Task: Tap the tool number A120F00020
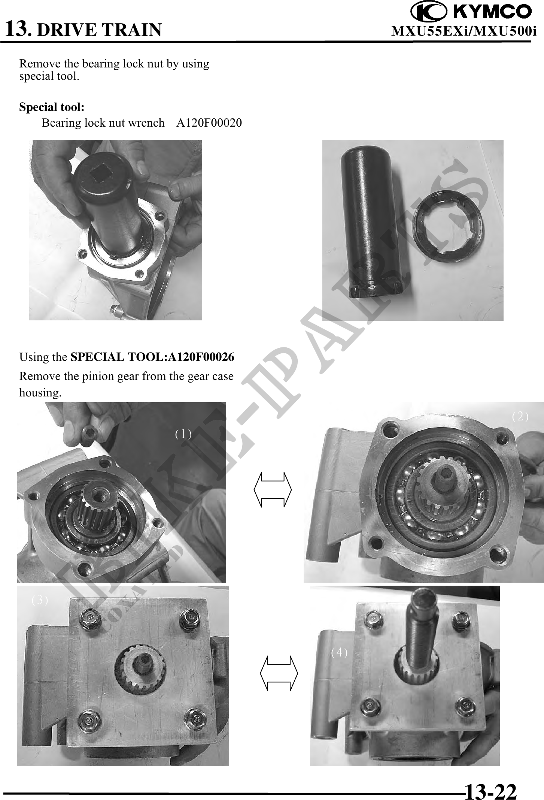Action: (x=209, y=123)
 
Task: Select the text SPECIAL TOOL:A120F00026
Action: (x=152, y=357)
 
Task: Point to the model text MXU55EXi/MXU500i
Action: (x=464, y=31)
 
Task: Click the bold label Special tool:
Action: (x=52, y=107)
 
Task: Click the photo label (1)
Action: (x=183, y=434)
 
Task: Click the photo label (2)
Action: (x=520, y=416)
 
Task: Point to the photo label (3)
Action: (x=40, y=600)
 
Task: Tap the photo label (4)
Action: (x=339, y=652)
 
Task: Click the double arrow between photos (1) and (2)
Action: (x=272, y=489)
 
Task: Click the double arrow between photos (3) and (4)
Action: (x=279, y=673)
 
